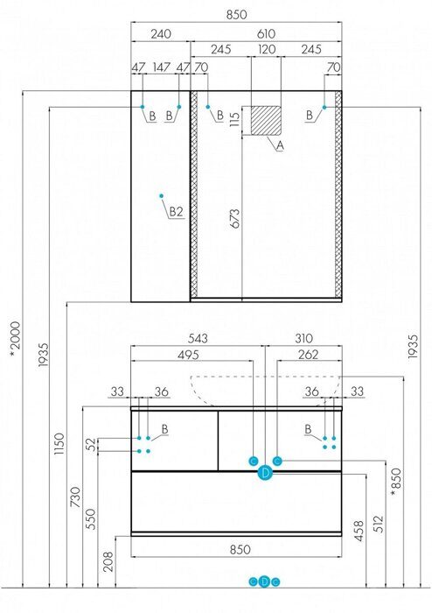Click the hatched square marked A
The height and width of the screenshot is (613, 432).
click(x=266, y=121)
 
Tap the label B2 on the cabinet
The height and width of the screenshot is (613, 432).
click(x=176, y=212)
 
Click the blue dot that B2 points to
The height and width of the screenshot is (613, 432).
click(x=161, y=196)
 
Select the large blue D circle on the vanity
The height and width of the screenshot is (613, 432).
click(x=265, y=473)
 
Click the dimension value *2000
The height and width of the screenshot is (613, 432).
click(x=15, y=339)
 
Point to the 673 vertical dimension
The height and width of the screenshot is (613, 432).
click(x=235, y=219)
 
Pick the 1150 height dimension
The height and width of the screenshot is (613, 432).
click(x=59, y=443)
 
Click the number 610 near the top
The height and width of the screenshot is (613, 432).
click(x=266, y=34)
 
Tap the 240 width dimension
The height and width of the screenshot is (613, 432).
click(x=161, y=34)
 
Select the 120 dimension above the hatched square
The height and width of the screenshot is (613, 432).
click(x=267, y=49)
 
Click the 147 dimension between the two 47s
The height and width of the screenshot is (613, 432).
click(x=161, y=67)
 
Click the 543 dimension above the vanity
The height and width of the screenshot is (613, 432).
click(x=199, y=338)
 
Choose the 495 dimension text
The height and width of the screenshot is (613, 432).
click(x=188, y=355)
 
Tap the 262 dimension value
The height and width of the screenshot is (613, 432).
click(x=309, y=355)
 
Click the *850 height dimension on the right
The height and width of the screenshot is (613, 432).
click(x=396, y=482)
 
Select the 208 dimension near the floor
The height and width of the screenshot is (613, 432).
click(x=108, y=561)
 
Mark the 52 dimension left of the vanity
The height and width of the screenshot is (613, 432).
click(x=91, y=445)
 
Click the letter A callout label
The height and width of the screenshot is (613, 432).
click(x=280, y=146)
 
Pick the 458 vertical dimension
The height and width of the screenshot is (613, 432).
click(x=359, y=531)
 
